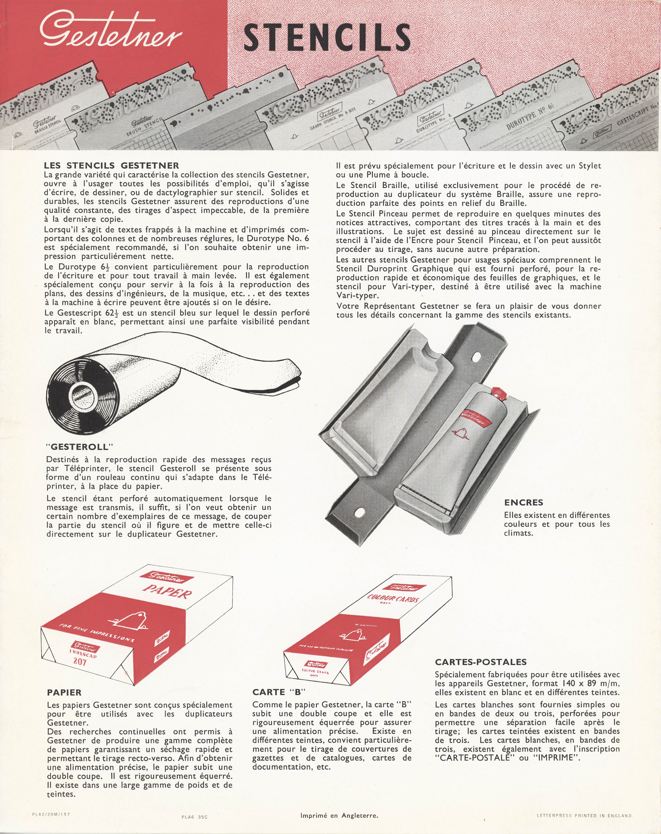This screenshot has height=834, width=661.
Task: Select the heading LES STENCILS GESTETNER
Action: [111, 166]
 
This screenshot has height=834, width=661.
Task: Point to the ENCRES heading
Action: [523, 502]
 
